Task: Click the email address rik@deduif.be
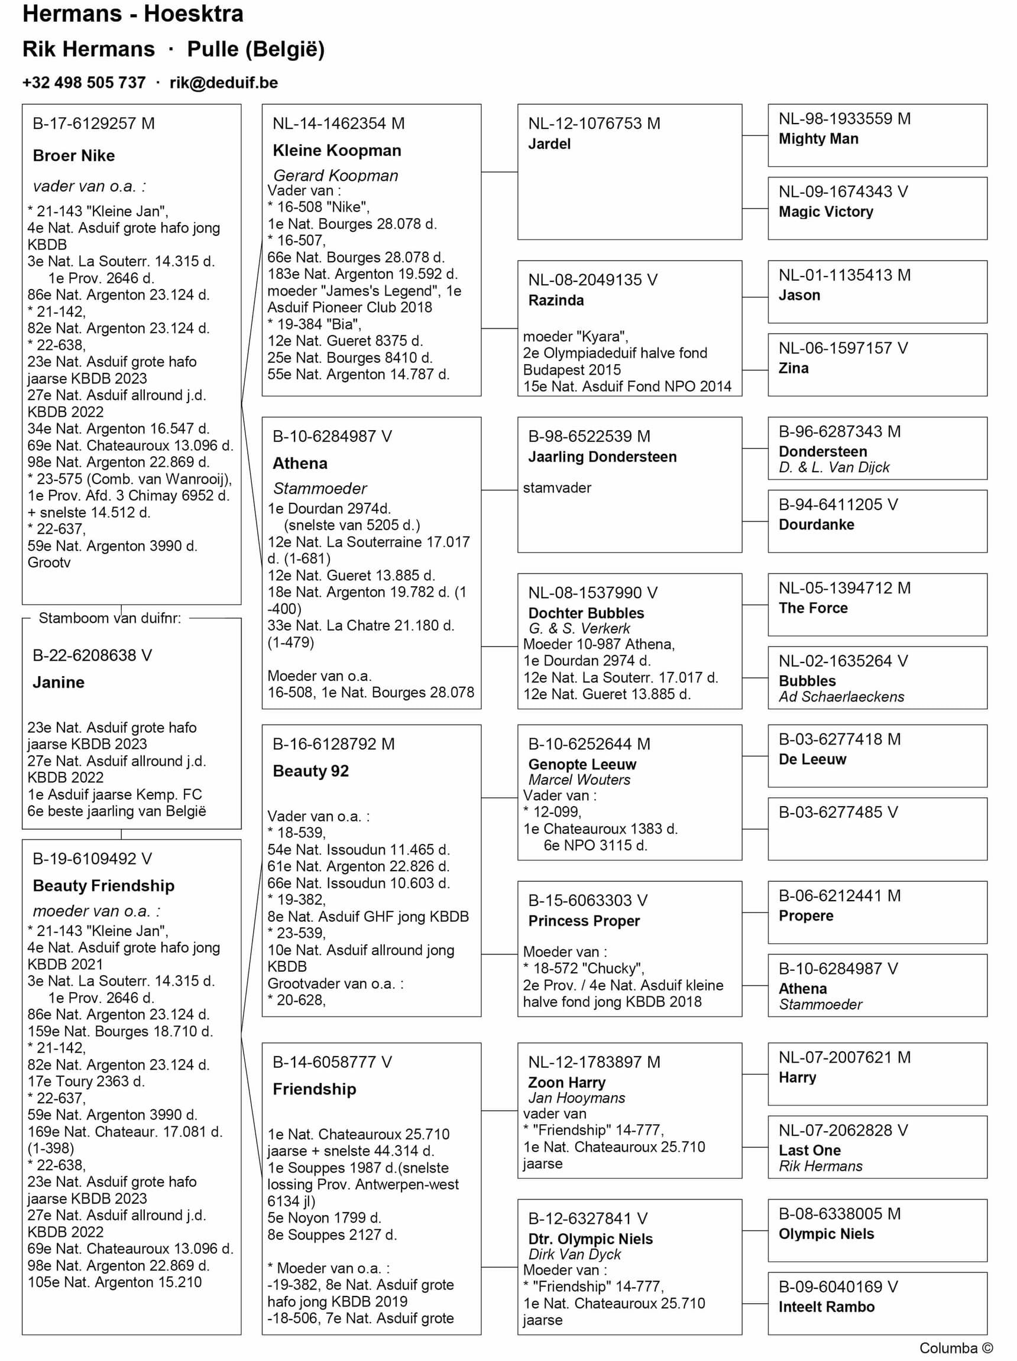click(224, 83)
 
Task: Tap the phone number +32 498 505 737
click(84, 83)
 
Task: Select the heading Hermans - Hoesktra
click(133, 14)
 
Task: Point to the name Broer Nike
click(74, 155)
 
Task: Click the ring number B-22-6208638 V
click(92, 655)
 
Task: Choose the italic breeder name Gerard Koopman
click(335, 176)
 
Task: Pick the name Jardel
click(549, 144)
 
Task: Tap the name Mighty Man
click(818, 139)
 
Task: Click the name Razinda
click(556, 300)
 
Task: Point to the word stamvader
click(556, 488)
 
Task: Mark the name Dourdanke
click(817, 525)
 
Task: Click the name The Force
click(812, 608)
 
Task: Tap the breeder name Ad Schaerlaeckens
click(841, 697)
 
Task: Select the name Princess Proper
click(584, 921)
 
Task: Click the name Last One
click(809, 1151)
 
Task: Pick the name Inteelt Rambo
click(826, 1307)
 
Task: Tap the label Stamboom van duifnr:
click(109, 618)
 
